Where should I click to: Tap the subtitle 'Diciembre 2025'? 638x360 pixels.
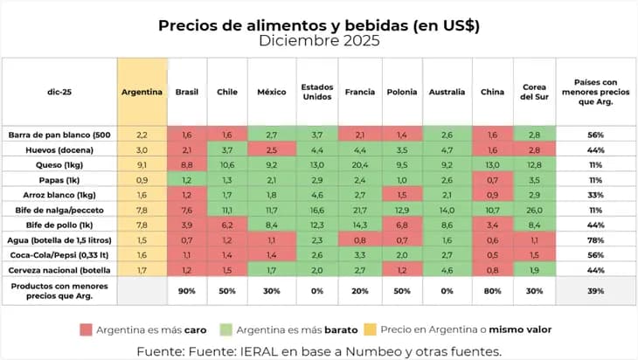319,41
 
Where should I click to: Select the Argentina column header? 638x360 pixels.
142,92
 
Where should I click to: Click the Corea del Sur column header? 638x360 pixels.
534,92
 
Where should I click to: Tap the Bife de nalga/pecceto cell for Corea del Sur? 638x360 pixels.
534,210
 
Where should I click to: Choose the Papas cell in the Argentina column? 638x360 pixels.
142,179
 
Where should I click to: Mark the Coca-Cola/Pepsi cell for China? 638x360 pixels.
492,255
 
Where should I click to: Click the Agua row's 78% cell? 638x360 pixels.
596,240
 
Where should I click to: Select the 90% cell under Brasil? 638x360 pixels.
185,290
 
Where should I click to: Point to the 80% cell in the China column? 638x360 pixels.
492,290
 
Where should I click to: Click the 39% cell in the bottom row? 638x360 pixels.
596,290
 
